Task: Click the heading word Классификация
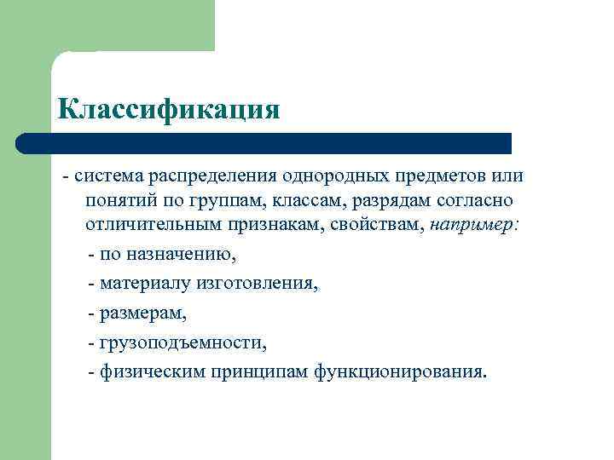168,109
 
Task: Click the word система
109,176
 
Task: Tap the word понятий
120,202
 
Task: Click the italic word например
479,227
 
